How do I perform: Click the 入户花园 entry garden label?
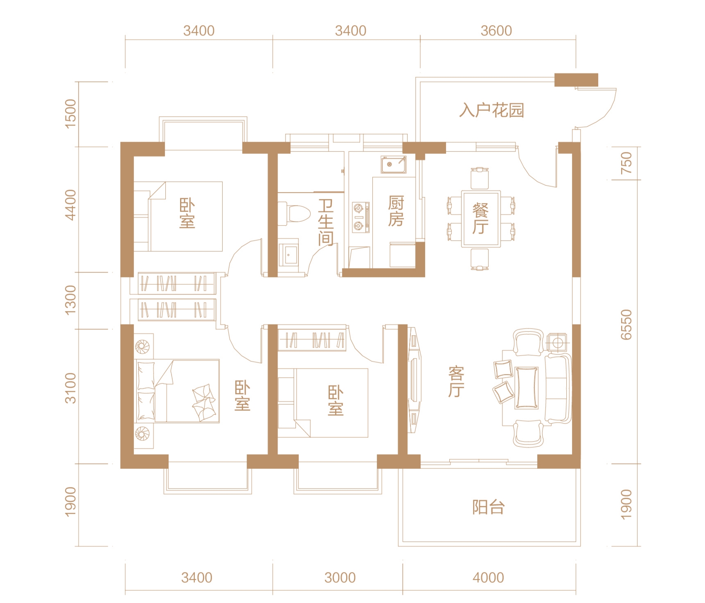click(491, 110)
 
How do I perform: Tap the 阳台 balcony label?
click(489, 507)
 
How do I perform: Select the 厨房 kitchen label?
click(396, 211)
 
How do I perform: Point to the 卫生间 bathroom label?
click(326, 222)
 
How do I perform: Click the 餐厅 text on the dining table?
click(481, 219)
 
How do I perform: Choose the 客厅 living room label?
click(456, 382)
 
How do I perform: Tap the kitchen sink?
click(394, 164)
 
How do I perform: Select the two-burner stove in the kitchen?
click(361, 217)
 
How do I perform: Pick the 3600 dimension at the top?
click(496, 31)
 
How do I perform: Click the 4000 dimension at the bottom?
click(488, 578)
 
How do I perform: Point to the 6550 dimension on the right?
click(626, 324)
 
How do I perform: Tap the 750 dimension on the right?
click(626, 163)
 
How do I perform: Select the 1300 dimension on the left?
click(70, 300)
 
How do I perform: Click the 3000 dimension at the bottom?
click(340, 578)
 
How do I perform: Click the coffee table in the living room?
click(527, 387)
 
